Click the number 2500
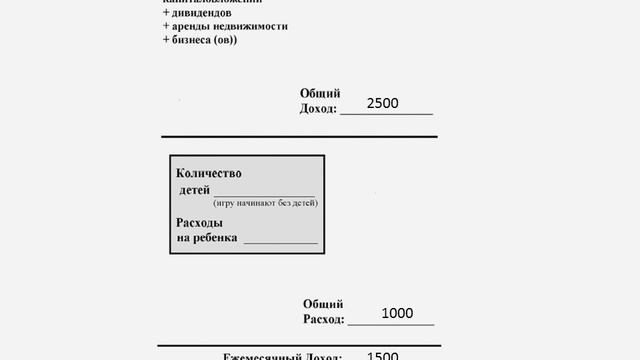coord(384,104)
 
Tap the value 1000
coord(397,314)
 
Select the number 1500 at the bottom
coord(383,356)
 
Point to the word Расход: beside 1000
coord(324,319)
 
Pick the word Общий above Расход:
coord(323,304)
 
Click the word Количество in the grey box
coord(209,173)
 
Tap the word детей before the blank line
coord(194,190)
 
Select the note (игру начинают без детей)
coord(258,203)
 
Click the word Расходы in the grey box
coord(199,222)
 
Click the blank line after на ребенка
coord(280,241)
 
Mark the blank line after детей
coord(264,194)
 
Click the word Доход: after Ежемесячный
coord(326,356)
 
